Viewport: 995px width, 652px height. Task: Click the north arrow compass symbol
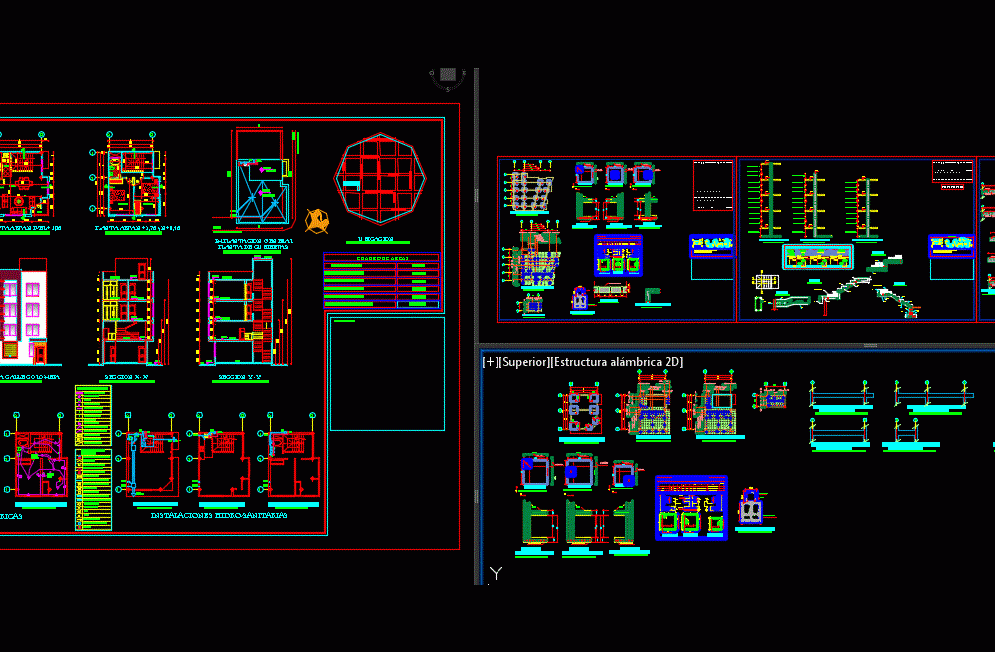click(x=318, y=220)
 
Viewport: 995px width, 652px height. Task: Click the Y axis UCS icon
click(x=496, y=574)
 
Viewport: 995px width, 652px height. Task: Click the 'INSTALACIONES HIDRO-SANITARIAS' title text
click(x=219, y=516)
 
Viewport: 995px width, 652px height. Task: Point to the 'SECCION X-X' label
click(x=127, y=378)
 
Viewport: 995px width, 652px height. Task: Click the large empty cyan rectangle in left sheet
click(x=387, y=373)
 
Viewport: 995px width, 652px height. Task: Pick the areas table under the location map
click(x=381, y=282)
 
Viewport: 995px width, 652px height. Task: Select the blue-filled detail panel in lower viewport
click(x=691, y=508)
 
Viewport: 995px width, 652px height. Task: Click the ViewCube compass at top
click(x=448, y=75)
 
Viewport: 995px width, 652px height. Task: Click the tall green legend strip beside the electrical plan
click(x=93, y=458)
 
